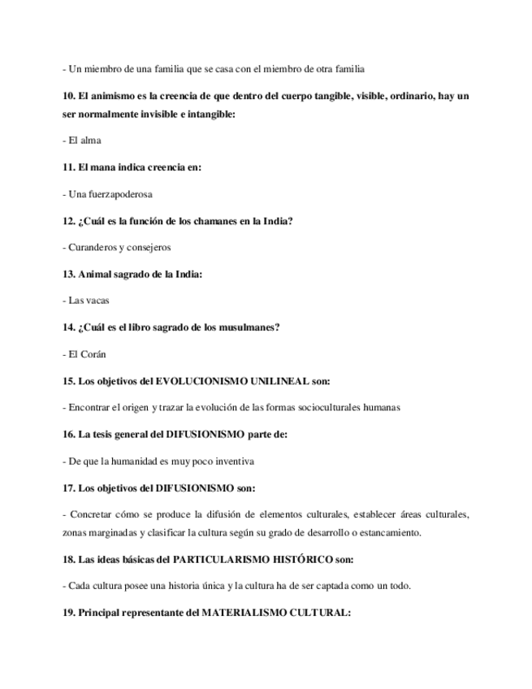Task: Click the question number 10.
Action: coord(68,96)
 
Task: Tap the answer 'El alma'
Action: coord(84,140)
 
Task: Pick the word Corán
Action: coord(94,354)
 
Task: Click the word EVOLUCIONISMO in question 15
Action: coord(203,380)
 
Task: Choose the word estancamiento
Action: coord(385,532)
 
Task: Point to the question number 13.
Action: coord(68,274)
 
